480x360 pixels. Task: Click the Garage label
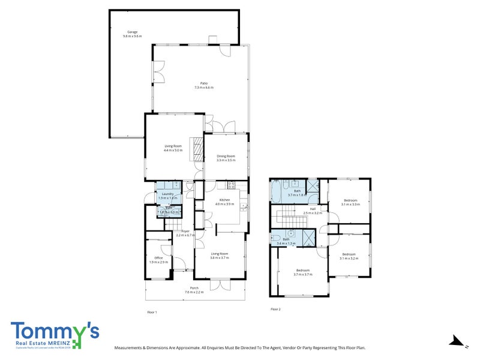133,32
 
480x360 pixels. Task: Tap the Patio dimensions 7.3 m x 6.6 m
204,88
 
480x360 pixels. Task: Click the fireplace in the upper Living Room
196,149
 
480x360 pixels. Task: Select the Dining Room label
226,156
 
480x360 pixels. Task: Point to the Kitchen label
225,200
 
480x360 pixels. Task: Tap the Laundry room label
167,194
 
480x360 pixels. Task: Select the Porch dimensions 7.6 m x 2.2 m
194,292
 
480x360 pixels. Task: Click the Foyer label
185,231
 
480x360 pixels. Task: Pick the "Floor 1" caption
152,312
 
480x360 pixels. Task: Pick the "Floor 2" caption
275,309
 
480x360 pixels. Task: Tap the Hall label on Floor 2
313,209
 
